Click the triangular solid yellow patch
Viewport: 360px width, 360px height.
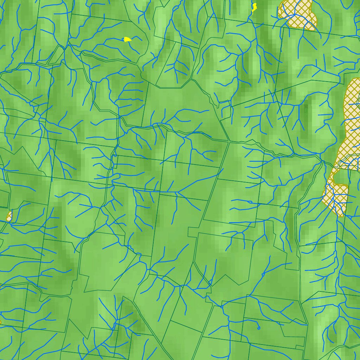(127, 39)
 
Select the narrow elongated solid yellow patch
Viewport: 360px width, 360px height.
(254, 7)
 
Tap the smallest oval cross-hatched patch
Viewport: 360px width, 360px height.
(9, 216)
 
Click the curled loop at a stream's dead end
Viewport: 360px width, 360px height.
(259, 328)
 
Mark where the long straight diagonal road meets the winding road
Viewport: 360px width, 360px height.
(229, 142)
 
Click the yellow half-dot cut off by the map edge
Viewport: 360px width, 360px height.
(0, 322)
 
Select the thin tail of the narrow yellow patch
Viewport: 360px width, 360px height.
(253, 12)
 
